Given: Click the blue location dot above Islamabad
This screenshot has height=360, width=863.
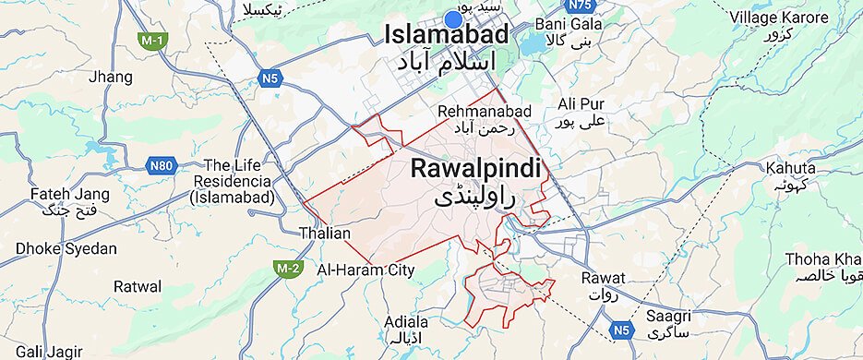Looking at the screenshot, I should pos(453,18).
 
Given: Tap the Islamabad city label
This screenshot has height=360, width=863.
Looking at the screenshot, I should pos(446,35).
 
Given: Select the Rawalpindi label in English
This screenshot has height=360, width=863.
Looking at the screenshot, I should pos(474,169).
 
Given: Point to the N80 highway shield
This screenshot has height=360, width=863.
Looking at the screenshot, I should pos(161,166).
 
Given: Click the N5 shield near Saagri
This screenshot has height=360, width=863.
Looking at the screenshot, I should pos(625,328).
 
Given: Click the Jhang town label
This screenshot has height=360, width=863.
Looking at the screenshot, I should pos(110,78).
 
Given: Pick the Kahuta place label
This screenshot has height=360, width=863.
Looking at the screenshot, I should pos(790,168).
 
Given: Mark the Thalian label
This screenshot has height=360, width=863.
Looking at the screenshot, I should pos(325,234).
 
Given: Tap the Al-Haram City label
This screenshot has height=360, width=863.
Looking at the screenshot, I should pos(366,270).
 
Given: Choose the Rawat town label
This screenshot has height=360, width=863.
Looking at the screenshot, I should pos(604,278).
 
